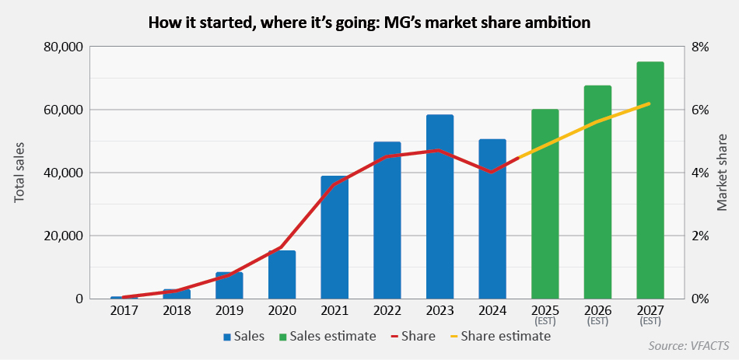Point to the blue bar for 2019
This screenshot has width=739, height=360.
coord(229,285)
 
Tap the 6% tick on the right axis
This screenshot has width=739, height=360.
coord(700,110)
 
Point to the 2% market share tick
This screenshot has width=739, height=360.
coord(700,236)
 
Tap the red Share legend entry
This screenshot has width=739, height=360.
coord(413,337)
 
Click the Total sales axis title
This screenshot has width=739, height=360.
coord(20,173)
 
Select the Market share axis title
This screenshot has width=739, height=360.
coord(721,173)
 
